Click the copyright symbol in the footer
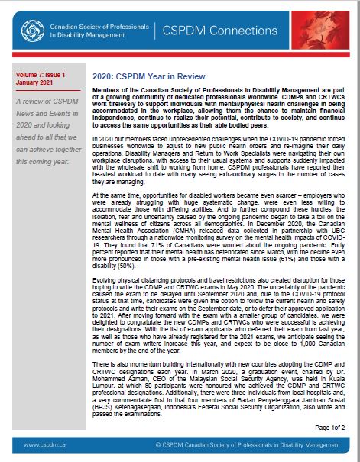(157, 444)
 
